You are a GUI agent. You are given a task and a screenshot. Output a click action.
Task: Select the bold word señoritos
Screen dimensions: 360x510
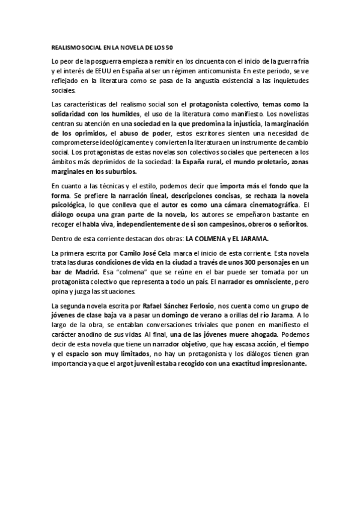289,224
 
